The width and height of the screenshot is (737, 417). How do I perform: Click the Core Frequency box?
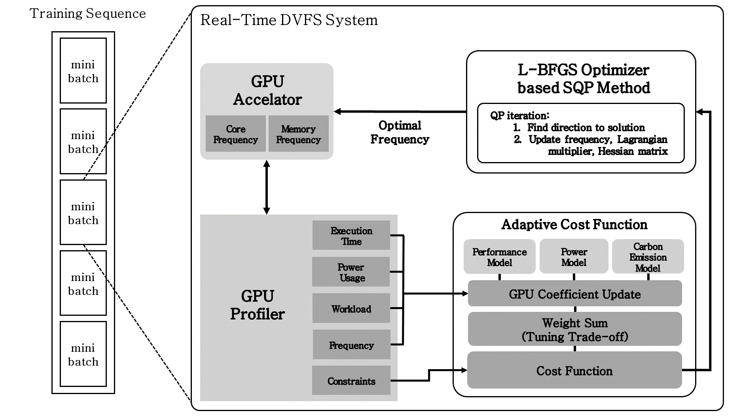click(x=235, y=134)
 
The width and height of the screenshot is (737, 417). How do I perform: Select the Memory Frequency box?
click(x=298, y=134)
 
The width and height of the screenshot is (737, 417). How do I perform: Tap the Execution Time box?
click(x=351, y=236)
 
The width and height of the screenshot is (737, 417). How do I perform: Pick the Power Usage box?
click(x=351, y=272)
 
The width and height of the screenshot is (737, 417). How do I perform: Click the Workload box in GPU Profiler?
click(x=351, y=309)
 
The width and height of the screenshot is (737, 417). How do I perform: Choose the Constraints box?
click(x=351, y=381)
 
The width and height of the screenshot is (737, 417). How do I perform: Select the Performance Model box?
click(x=499, y=257)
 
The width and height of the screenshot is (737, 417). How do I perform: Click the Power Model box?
click(x=574, y=257)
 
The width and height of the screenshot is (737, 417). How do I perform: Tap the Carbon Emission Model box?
click(x=648, y=257)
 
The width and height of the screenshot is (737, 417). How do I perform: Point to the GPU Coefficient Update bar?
click(x=574, y=294)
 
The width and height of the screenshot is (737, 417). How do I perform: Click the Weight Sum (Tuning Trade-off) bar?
click(x=574, y=329)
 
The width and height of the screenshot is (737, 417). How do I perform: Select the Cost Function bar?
click(x=574, y=370)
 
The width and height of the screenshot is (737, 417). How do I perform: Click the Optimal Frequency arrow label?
click(x=400, y=132)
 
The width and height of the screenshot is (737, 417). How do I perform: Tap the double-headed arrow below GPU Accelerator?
click(x=267, y=187)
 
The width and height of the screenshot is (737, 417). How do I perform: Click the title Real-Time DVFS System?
click(x=289, y=20)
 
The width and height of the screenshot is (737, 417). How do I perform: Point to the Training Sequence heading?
click(x=88, y=13)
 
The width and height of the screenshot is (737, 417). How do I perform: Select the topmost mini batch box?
click(x=83, y=71)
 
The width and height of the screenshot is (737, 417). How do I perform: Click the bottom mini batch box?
click(x=83, y=354)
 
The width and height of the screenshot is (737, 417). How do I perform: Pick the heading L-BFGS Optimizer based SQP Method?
click(x=584, y=79)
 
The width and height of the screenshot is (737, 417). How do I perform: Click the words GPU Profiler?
click(x=257, y=305)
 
